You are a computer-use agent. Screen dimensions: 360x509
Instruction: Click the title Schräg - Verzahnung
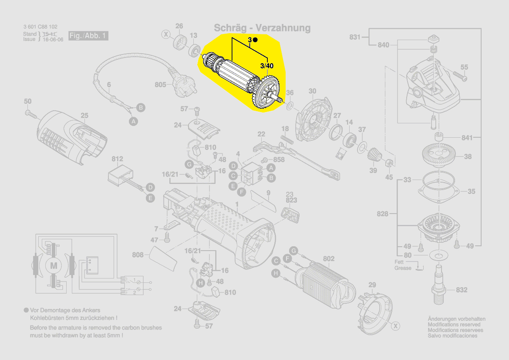pos(262,28)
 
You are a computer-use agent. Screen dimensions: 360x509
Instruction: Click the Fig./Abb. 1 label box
pos(88,36)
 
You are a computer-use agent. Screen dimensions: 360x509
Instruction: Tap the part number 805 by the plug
pos(160,85)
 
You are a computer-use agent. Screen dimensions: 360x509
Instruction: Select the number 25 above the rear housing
pos(84,115)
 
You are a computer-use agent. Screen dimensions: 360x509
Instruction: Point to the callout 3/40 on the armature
pos(266,66)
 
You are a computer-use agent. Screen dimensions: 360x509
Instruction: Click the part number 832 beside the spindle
pos(462,290)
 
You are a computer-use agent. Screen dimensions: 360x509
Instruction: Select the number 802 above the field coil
pos(329,259)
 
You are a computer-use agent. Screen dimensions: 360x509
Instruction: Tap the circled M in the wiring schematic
pos(54,265)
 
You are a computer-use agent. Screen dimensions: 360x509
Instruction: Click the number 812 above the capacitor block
pos(117,159)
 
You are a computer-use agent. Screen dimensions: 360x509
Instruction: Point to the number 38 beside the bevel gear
pos(468,157)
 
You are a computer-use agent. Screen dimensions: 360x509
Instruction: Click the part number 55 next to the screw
pos(464,67)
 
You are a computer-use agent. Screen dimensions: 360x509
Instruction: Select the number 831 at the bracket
pos(355,37)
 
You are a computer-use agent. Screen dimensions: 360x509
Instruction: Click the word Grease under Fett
pos(403,268)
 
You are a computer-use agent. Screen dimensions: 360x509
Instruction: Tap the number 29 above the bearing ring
pos(372,285)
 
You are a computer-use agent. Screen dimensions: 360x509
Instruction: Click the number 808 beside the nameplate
pos(138,255)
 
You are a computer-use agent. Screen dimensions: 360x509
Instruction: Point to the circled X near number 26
pos(166,34)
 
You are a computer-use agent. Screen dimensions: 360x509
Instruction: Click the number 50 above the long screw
pos(27,102)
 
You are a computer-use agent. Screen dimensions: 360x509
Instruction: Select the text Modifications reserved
pos(454,325)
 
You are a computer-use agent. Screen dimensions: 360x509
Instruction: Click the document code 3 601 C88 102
pos(40,27)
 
